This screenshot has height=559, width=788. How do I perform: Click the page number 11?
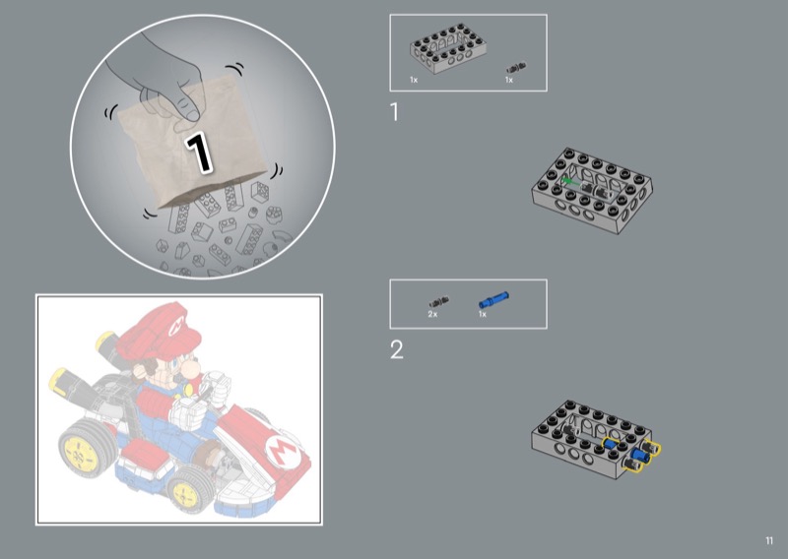coord(769,540)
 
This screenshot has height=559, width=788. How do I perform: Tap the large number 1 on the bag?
coord(199,152)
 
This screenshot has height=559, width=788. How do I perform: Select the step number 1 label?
coord(395,112)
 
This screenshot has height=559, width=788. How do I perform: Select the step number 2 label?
coord(397,349)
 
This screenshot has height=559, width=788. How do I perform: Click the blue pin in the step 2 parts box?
coord(493,300)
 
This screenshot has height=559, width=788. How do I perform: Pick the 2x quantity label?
coord(432,314)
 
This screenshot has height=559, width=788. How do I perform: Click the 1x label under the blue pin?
coord(483,314)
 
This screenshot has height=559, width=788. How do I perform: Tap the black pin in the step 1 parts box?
coord(516,68)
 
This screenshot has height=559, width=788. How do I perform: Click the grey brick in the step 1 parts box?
coord(448,50)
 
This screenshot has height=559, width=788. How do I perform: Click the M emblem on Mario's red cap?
coord(176,327)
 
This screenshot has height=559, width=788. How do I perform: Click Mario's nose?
coord(189,370)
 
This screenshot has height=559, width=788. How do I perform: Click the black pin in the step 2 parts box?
coord(438,302)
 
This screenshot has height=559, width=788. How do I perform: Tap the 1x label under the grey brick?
coord(414,80)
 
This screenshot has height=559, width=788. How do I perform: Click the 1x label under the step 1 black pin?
coord(509,80)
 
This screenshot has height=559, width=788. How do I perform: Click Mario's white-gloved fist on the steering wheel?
coord(188,412)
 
